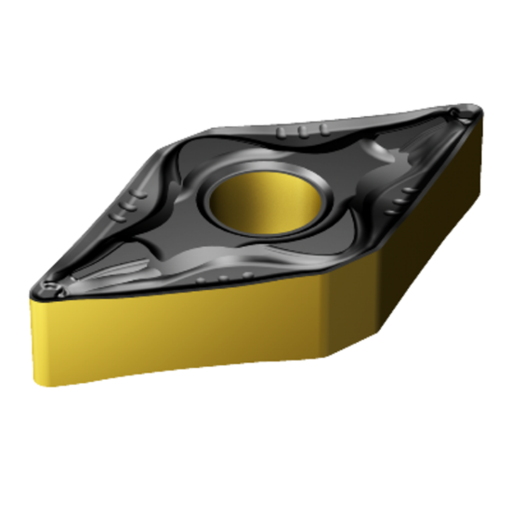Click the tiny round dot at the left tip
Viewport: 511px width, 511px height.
coord(51,287)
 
